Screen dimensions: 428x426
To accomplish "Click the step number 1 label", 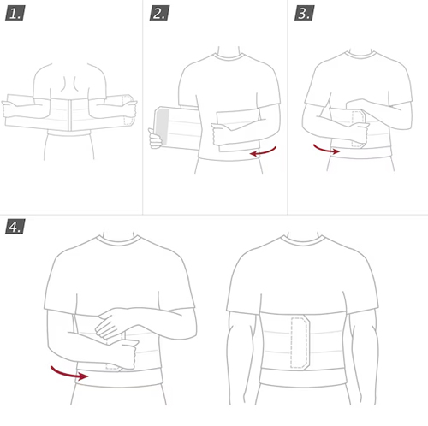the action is click(x=15, y=14).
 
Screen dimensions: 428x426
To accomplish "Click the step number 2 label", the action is click(x=159, y=13).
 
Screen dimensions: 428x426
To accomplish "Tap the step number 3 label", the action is click(x=305, y=13).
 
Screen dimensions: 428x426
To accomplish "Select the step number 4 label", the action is click(x=15, y=227).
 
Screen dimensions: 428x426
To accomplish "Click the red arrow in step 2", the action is click(x=263, y=152).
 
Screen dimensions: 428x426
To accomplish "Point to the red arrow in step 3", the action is click(x=326, y=150).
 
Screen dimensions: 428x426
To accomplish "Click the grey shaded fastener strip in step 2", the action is click(x=163, y=126).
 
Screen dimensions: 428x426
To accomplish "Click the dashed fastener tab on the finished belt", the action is click(x=300, y=342).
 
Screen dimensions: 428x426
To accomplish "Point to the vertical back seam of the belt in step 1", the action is click(x=69, y=115).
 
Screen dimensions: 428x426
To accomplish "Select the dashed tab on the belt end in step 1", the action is click(x=128, y=109).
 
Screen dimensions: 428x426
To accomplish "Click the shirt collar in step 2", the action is click(x=229, y=56).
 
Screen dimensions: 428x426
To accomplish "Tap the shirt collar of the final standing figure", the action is click(x=302, y=240).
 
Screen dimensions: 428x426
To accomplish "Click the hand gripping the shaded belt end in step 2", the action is click(x=155, y=139).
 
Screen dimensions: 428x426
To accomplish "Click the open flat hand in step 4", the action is click(x=110, y=322).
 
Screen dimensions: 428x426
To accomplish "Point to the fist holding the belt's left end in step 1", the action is click(x=9, y=109).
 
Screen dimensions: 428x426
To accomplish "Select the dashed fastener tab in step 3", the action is click(x=358, y=128).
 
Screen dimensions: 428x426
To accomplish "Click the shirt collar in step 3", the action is click(x=360, y=55).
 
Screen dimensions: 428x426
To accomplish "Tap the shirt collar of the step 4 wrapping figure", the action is click(x=118, y=240).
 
